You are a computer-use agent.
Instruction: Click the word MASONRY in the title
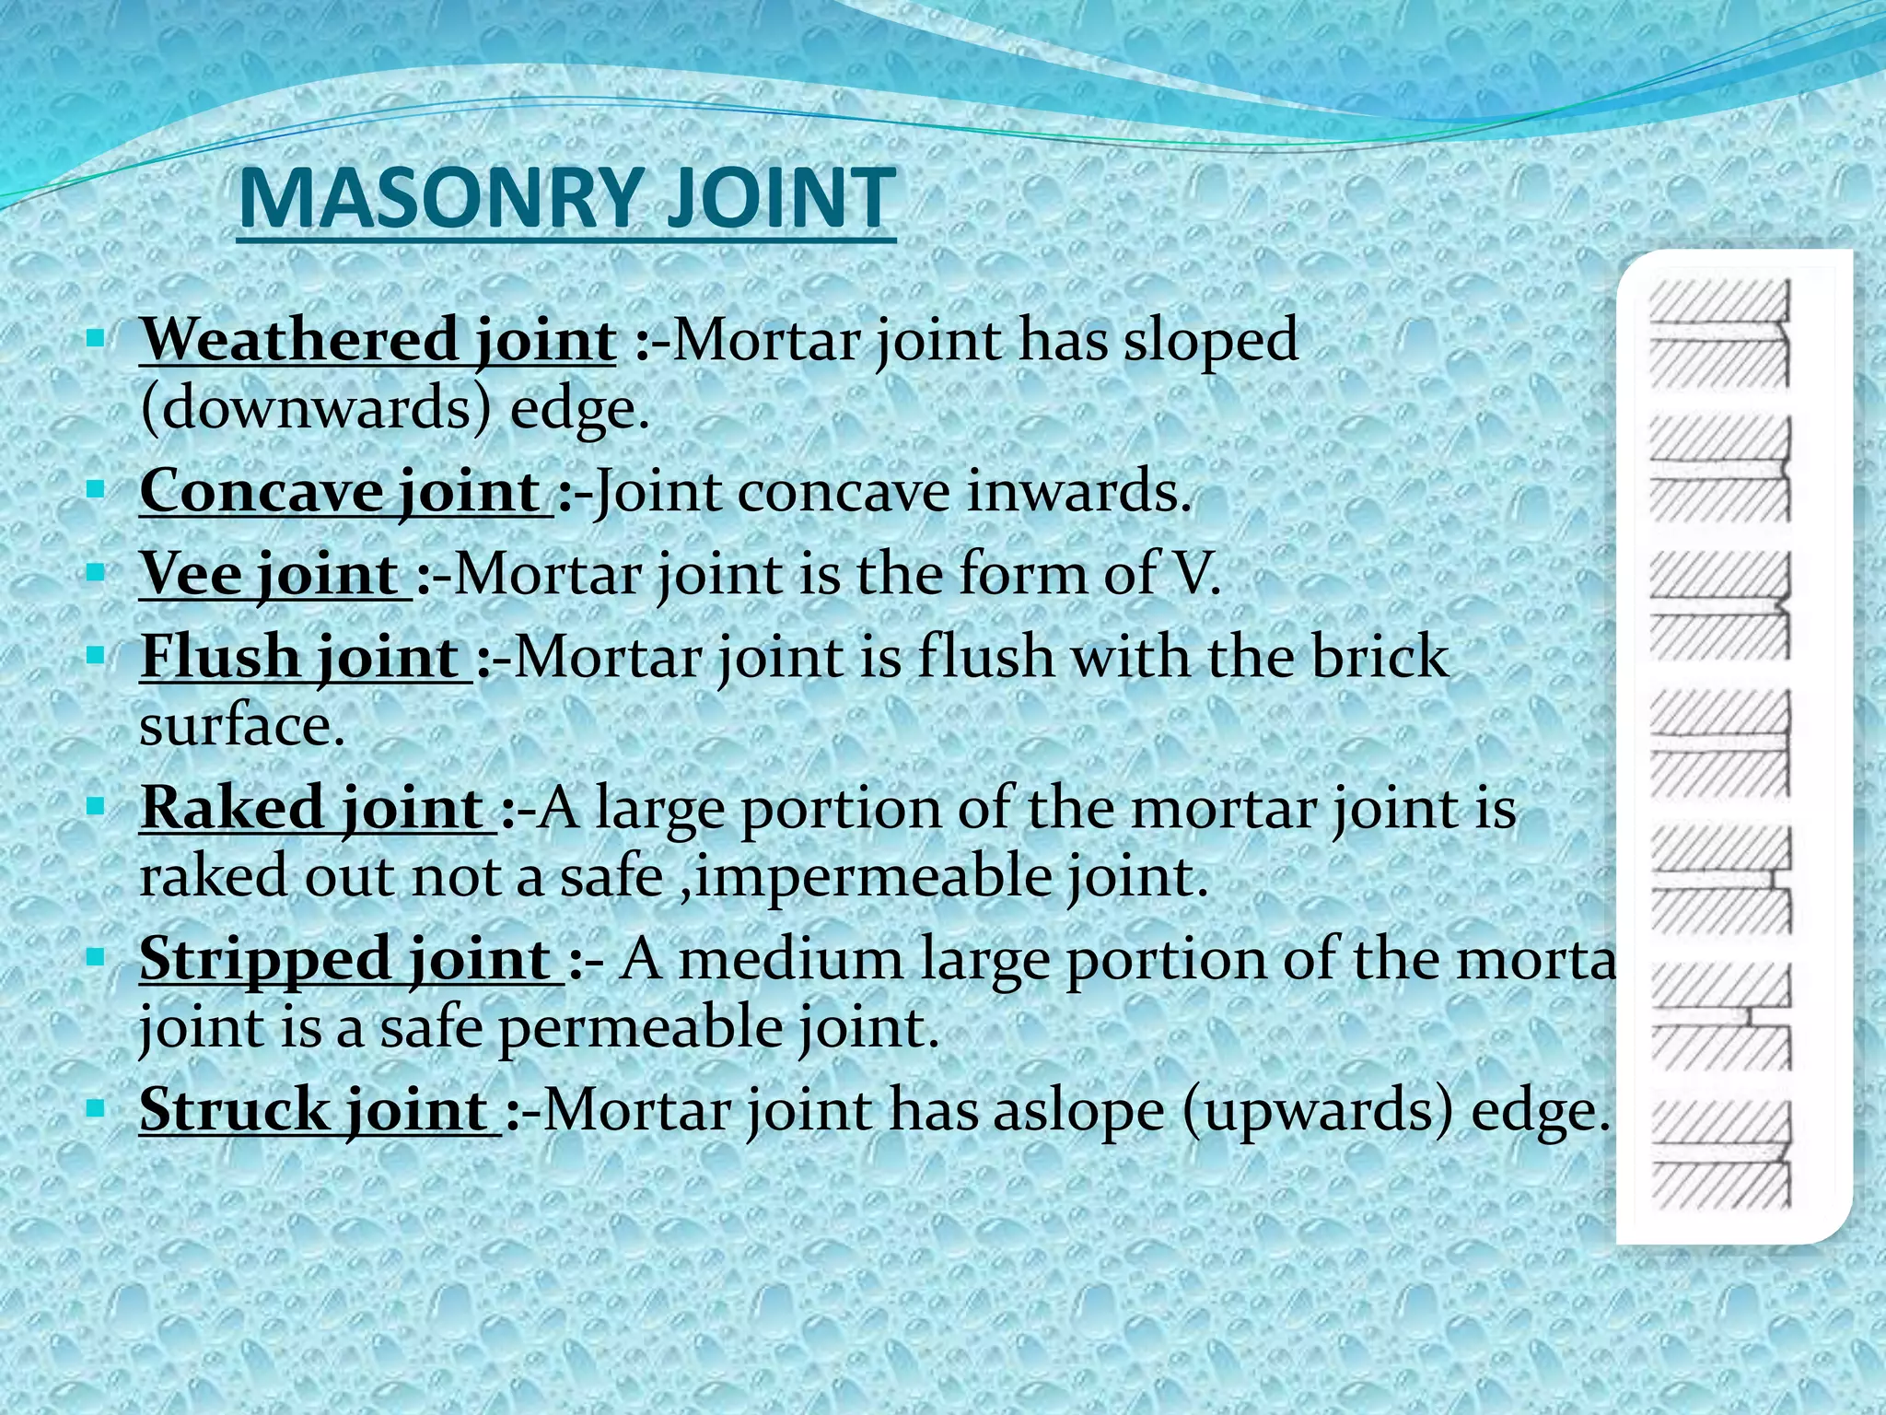pyautogui.click(x=438, y=198)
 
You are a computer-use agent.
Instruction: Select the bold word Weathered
pyautogui.click(x=299, y=340)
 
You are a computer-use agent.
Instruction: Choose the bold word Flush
pyautogui.click(x=220, y=657)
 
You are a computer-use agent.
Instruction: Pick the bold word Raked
pyautogui.click(x=231, y=808)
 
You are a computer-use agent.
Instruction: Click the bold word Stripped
pyautogui.click(x=266, y=959)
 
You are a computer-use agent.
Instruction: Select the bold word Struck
pyautogui.click(x=234, y=1109)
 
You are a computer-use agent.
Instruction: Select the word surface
pyautogui.click(x=241, y=726)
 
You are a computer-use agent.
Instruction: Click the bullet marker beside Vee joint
pyautogui.click(x=95, y=573)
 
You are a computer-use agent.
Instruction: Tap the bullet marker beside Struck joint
pyautogui.click(x=95, y=1108)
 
